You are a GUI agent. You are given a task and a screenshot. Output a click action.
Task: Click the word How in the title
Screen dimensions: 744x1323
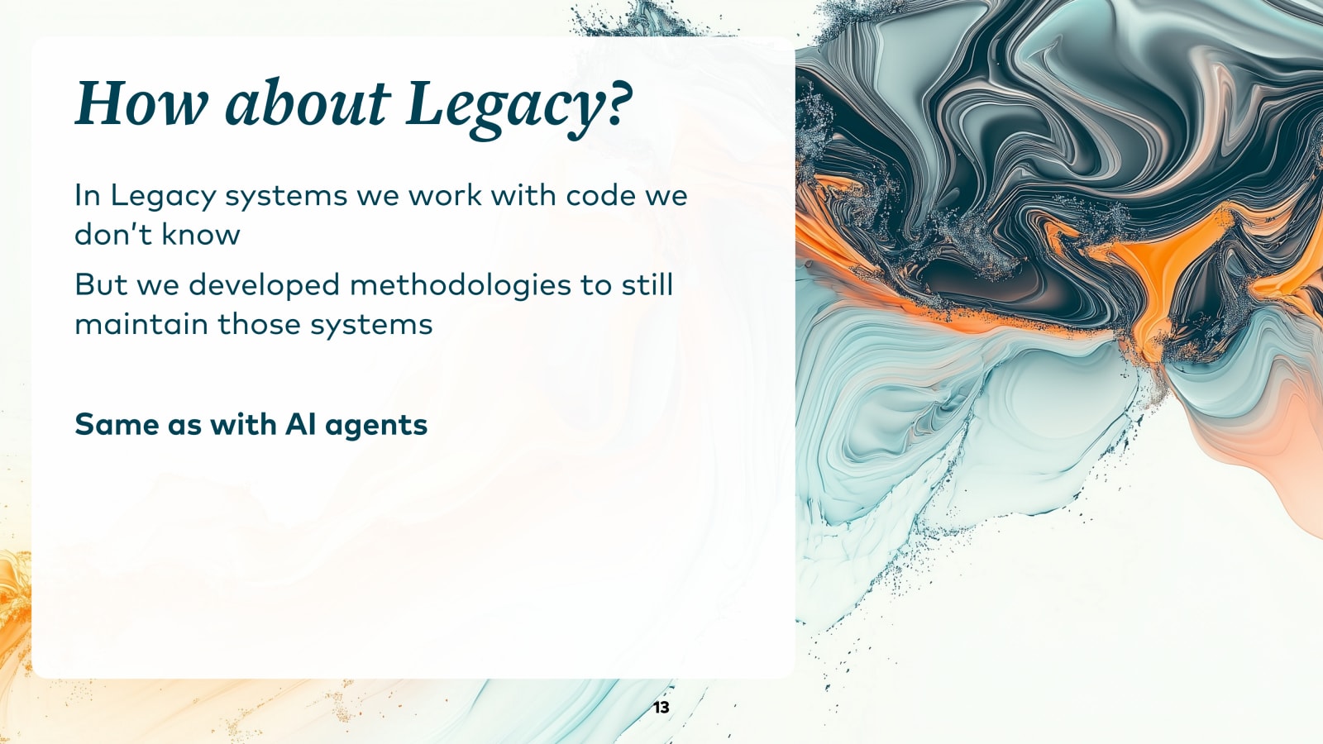[141, 104]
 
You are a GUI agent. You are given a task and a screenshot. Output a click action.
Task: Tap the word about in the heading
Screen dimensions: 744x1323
[306, 104]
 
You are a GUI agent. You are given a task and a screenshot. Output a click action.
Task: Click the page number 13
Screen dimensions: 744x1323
[661, 708]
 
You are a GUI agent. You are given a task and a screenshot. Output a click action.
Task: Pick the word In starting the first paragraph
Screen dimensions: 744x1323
[88, 196]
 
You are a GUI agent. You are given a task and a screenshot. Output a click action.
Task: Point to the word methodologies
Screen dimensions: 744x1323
[461, 286]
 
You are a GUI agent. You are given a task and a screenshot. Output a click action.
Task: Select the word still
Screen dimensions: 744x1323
[647, 285]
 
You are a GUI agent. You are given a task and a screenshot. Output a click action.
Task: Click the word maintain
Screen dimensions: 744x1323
[141, 324]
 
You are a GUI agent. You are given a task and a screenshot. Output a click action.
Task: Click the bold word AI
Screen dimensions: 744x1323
[300, 425]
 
